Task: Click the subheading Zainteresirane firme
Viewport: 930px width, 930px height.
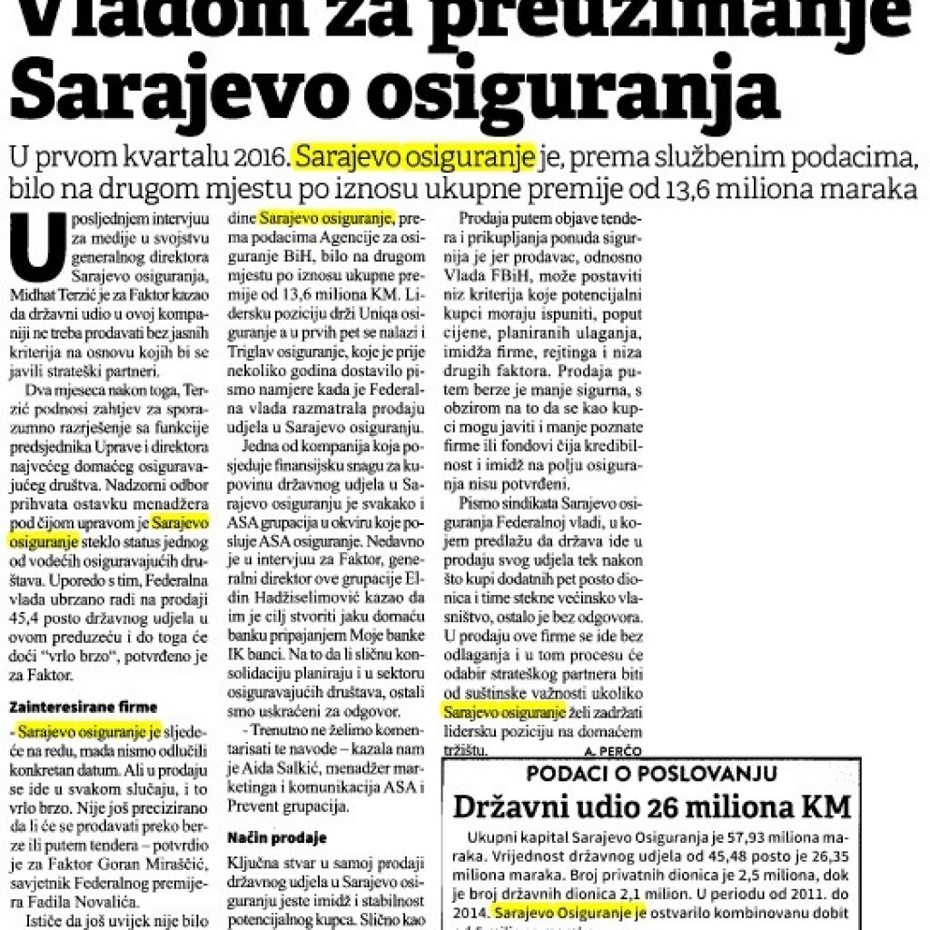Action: coord(84,706)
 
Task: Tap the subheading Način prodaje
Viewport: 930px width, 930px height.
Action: coord(276,837)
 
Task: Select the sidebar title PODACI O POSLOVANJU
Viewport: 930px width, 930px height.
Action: coord(651,774)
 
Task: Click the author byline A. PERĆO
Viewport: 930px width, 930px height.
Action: coord(613,751)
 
